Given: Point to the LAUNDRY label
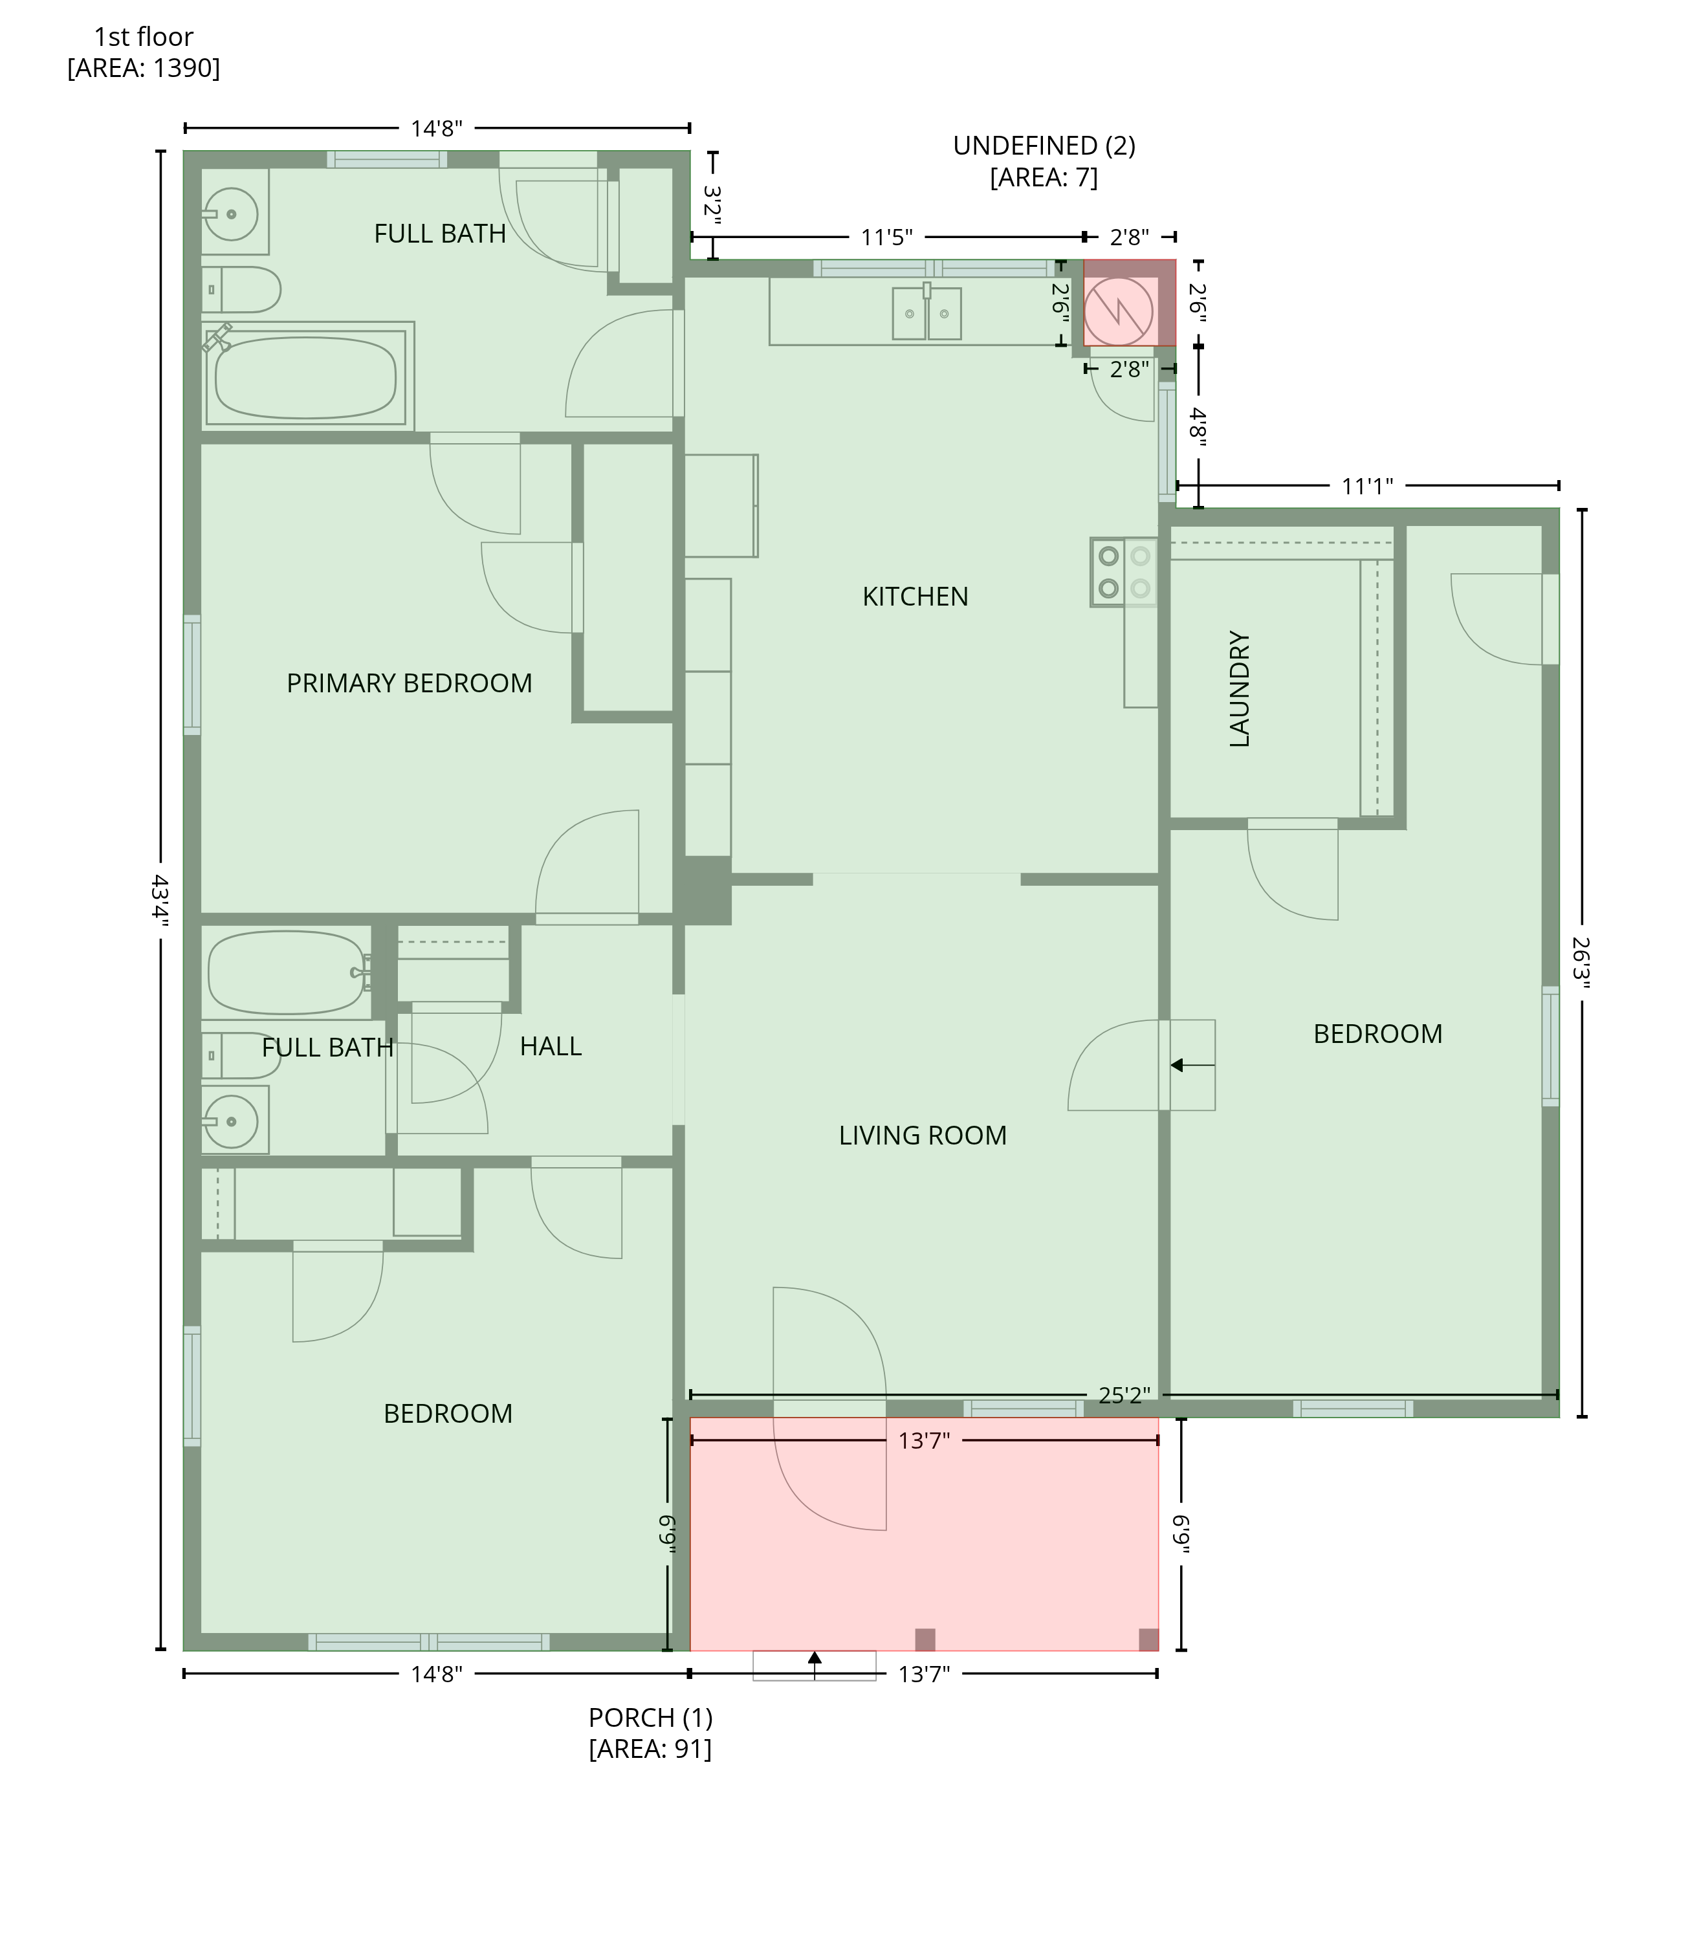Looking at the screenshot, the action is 1239,689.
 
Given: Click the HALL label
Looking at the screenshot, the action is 551,1046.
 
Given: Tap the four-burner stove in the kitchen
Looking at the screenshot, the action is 1124,572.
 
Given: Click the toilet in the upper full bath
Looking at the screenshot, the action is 241,289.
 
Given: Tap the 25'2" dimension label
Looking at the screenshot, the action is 1124,1395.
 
